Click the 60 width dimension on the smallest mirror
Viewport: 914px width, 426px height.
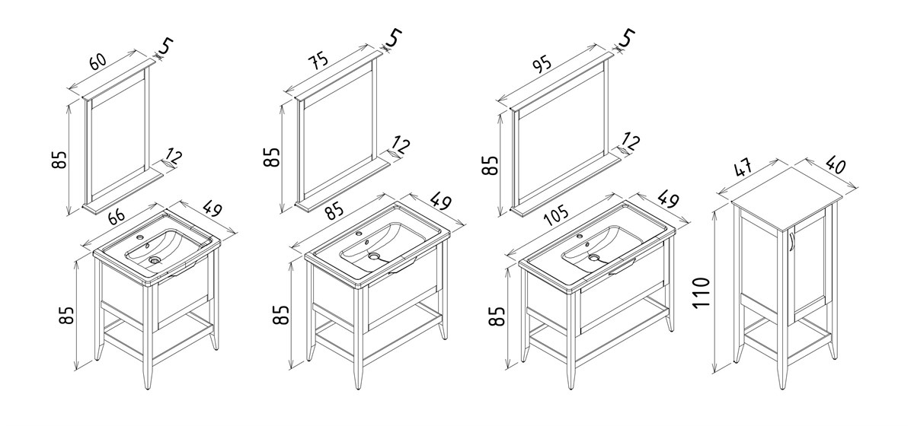click(98, 61)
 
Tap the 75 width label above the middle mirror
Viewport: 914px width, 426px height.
click(318, 60)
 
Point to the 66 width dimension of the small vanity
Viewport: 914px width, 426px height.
click(117, 215)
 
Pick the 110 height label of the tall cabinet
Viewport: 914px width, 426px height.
click(701, 292)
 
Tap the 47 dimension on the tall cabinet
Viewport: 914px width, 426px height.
click(744, 167)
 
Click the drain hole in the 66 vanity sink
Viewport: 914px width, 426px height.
click(155, 259)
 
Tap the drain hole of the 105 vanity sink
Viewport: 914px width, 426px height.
click(593, 258)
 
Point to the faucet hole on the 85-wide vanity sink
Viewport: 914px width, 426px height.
click(359, 234)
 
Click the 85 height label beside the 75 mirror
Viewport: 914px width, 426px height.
click(272, 157)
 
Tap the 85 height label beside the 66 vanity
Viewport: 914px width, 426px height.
click(66, 315)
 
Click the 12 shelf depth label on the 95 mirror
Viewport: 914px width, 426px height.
click(631, 142)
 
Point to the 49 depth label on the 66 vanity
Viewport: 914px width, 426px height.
click(213, 208)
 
